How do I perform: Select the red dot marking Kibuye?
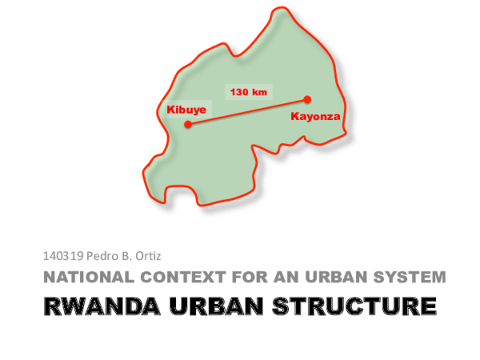click(x=188, y=124)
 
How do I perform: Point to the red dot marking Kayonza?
click(x=307, y=100)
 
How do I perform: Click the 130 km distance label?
click(x=248, y=92)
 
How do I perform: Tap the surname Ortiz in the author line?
click(x=147, y=257)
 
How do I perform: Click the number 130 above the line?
click(x=239, y=92)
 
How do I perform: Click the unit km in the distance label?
click(x=258, y=92)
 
